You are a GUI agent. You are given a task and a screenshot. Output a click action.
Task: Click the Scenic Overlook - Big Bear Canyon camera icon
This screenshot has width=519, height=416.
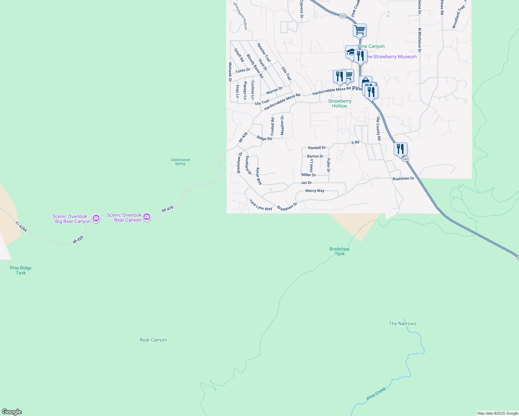pyautogui.click(x=96, y=218)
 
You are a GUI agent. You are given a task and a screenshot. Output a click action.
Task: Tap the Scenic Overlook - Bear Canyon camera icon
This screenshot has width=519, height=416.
pyautogui.click(x=147, y=217)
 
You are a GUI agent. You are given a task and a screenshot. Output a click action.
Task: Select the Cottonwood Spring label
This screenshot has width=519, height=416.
pyautogui.click(x=180, y=162)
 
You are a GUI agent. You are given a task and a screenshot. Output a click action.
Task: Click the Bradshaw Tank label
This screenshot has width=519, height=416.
pyautogui.click(x=339, y=251)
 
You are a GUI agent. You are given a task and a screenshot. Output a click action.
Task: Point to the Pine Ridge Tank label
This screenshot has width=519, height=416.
pyautogui.click(x=21, y=270)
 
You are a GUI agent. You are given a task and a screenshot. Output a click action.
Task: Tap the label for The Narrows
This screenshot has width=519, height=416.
pyautogui.click(x=402, y=323)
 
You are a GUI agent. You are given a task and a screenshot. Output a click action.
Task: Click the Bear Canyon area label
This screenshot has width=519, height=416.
pyautogui.click(x=153, y=340)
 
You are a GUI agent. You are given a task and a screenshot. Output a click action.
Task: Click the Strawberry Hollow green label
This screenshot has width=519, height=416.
pyautogui.click(x=340, y=103)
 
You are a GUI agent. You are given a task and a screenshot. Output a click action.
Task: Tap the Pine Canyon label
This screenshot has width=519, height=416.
pyautogui.click(x=371, y=46)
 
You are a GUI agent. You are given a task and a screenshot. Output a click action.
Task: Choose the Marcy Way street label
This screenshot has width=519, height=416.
pyautogui.click(x=315, y=191)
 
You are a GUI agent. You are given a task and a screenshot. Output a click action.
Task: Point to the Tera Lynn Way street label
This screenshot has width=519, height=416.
pyautogui.click(x=261, y=205)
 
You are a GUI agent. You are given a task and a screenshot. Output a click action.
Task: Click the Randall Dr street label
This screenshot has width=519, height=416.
pyautogui.click(x=317, y=148)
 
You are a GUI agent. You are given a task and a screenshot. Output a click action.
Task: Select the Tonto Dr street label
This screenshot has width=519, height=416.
pyautogui.click(x=243, y=70)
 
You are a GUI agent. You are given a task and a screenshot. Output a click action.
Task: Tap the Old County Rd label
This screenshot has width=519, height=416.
pyautogui.click(x=379, y=129)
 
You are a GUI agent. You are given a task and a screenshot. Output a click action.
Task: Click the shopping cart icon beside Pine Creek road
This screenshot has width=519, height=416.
pyautogui.click(x=359, y=29)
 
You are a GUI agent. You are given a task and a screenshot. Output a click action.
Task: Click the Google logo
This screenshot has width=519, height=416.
pyautogui.click(x=11, y=412)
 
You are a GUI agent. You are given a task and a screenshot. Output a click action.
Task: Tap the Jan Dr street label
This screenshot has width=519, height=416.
pyautogui.click(x=306, y=183)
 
